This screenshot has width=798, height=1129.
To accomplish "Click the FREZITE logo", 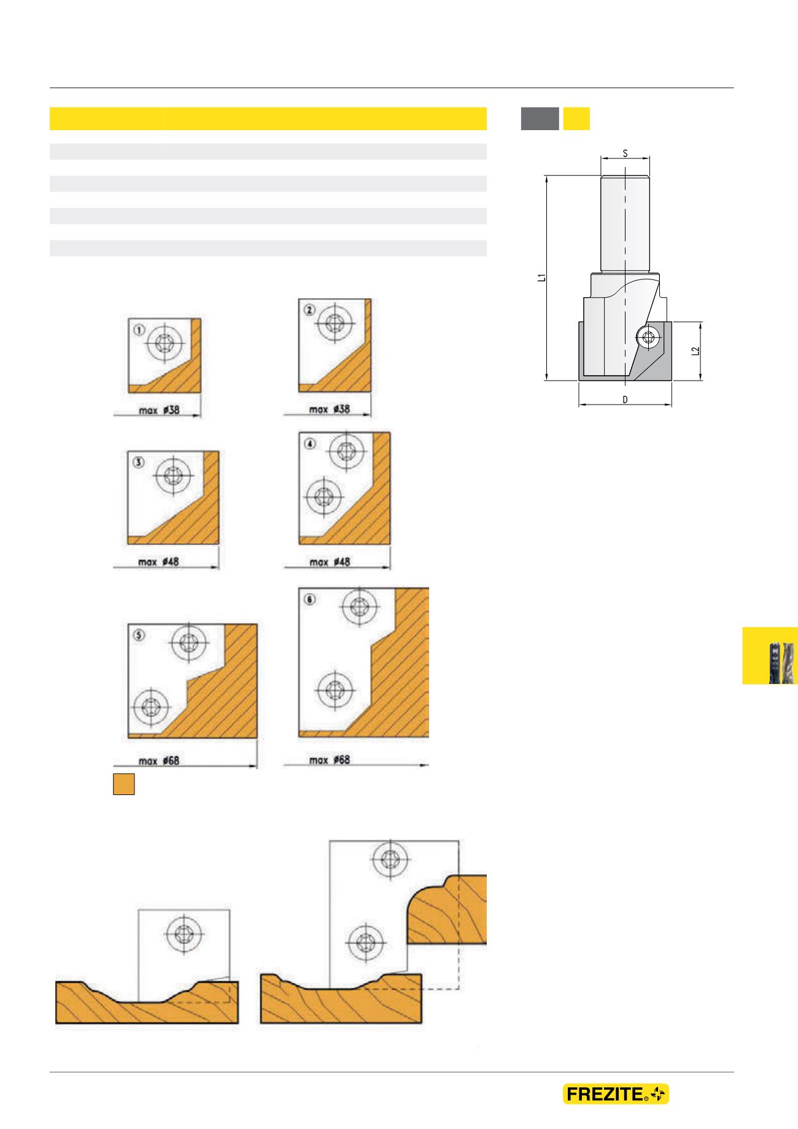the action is click(x=616, y=1094).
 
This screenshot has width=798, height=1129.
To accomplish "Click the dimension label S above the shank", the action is click(x=625, y=153).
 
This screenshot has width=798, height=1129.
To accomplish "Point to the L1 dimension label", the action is click(x=541, y=277).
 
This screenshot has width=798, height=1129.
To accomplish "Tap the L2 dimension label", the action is click(x=694, y=351).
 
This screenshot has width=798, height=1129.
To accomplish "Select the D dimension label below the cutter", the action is click(x=625, y=400).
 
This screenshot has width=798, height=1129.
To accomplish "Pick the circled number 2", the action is click(x=309, y=311).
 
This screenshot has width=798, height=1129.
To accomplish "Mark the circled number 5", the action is click(x=139, y=636).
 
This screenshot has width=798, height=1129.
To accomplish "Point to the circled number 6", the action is click(x=309, y=599).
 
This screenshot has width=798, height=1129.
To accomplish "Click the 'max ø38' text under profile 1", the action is click(x=159, y=409).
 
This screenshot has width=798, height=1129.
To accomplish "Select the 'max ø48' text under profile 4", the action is click(x=330, y=562).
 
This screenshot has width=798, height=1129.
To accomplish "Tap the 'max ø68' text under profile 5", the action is click(x=159, y=761).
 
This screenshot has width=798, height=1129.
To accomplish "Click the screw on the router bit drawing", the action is click(x=647, y=336).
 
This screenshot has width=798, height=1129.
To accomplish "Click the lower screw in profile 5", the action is click(x=150, y=707).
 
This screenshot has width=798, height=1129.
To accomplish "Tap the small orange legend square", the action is click(x=123, y=785).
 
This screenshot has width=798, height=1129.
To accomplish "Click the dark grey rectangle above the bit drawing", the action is click(x=540, y=118).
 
